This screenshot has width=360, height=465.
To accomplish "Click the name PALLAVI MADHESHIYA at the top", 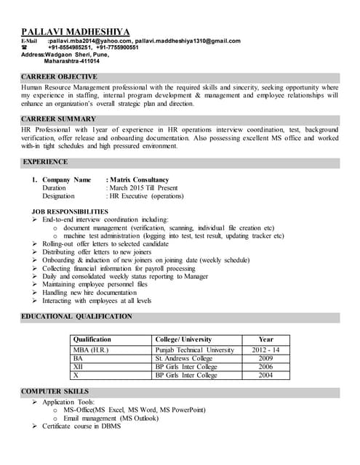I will [x=76, y=32].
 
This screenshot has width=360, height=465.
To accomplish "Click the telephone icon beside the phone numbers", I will [x=25, y=47].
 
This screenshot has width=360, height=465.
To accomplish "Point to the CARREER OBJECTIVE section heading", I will [x=59, y=76].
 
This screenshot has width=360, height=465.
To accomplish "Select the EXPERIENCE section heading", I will [x=46, y=161].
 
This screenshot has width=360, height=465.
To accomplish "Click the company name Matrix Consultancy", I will [x=139, y=179].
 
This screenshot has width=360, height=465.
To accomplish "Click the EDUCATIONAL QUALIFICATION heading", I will [x=76, y=316].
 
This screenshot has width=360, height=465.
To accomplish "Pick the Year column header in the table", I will [x=265, y=339].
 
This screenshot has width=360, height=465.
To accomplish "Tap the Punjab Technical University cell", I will [x=194, y=350].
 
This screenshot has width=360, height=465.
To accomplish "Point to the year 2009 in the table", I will [x=265, y=358].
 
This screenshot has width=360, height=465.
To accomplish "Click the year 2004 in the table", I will [x=265, y=376].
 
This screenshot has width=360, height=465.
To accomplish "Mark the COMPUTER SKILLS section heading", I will [x=56, y=392].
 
